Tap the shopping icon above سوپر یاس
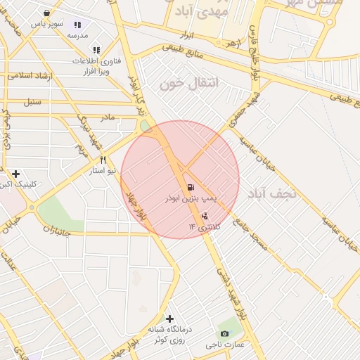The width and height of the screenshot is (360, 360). (x=46, y=13)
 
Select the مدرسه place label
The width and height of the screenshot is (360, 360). (x=77, y=34)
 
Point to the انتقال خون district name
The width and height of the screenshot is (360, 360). (x=190, y=84)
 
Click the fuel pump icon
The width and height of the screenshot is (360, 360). (x=191, y=187)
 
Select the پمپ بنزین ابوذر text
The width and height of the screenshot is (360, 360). (x=190, y=200)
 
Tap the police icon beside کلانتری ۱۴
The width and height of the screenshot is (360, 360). (x=205, y=215)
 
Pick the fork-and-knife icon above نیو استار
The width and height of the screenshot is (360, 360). (x=103, y=160)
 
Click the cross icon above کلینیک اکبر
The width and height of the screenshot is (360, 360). (x=16, y=174)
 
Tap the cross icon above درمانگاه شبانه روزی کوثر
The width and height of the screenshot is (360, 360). (x=169, y=319)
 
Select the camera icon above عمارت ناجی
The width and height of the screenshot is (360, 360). (x=224, y=333)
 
